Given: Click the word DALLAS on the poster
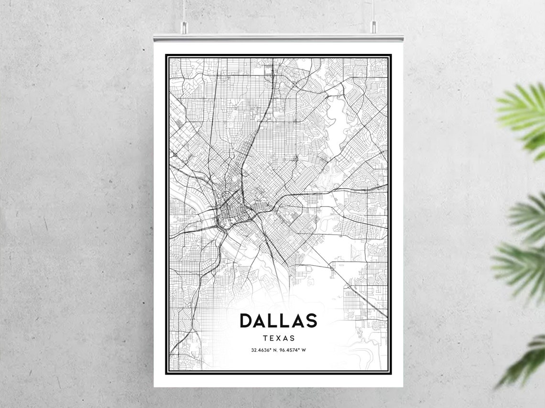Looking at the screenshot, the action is (x=278, y=321).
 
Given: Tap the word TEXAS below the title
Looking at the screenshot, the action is (x=278, y=338).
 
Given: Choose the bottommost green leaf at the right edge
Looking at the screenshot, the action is (x=526, y=363).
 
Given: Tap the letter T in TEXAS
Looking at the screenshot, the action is (x=265, y=338).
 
